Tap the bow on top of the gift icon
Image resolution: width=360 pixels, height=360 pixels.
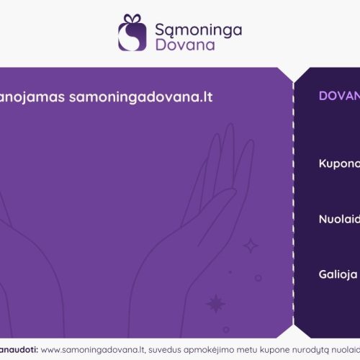(x=131, y=19)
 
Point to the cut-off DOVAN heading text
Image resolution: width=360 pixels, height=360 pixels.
(x=339, y=96)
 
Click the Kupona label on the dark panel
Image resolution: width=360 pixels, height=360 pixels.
(x=339, y=163)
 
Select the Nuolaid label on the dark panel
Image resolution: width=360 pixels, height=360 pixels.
(x=339, y=219)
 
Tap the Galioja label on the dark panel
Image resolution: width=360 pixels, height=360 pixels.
(x=339, y=274)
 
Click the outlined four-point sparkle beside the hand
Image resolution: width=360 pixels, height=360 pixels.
(x=251, y=246)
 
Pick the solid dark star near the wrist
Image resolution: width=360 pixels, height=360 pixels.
(x=215, y=303)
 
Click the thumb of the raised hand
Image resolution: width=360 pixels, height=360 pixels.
(x=216, y=209)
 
